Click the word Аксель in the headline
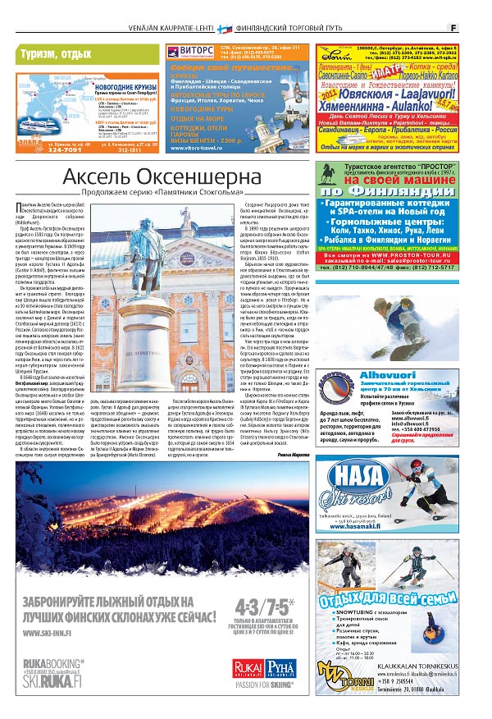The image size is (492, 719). [100, 176]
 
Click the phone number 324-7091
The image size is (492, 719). [41, 150]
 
